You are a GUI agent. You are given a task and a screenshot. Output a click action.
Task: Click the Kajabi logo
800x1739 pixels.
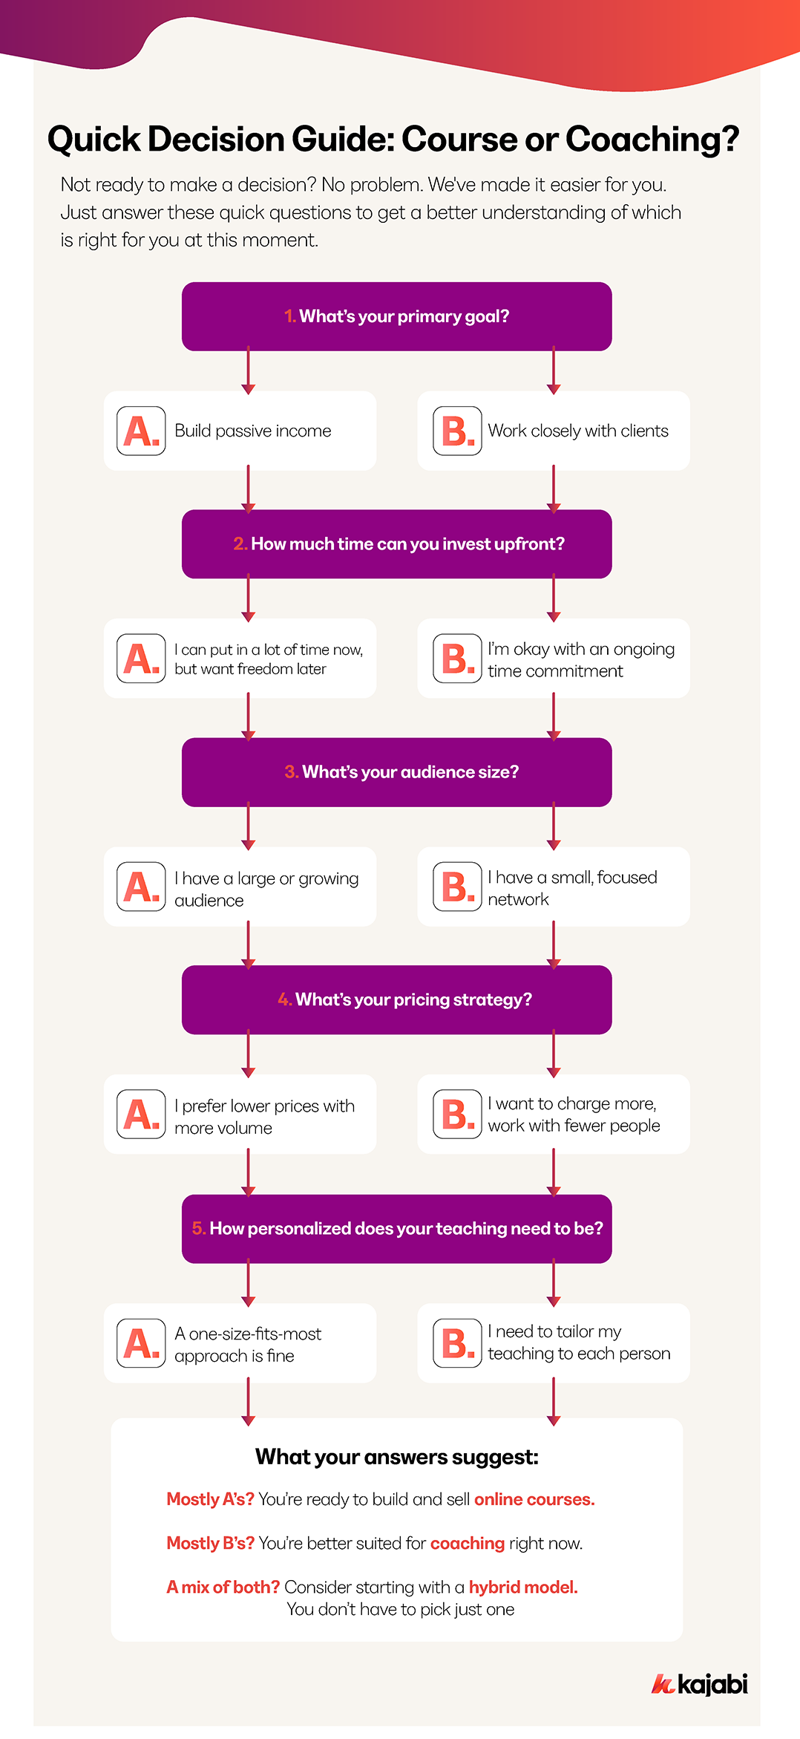(x=699, y=1684)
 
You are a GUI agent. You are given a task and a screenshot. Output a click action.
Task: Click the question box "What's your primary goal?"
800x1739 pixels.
(x=396, y=316)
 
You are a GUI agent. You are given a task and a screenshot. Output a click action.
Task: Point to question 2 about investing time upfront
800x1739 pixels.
(x=396, y=544)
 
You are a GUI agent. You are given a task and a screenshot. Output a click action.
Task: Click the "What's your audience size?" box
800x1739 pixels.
(x=396, y=772)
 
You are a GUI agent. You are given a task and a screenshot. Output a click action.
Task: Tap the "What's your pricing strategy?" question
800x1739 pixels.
(x=396, y=1000)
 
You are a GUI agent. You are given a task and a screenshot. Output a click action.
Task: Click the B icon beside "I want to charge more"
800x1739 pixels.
(x=457, y=1115)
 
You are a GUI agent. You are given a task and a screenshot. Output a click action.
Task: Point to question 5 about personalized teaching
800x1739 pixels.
(x=396, y=1229)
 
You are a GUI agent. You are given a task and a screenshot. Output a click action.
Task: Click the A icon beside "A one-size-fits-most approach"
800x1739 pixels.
(x=141, y=1343)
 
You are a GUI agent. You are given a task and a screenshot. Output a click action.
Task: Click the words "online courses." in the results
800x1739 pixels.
(x=534, y=1499)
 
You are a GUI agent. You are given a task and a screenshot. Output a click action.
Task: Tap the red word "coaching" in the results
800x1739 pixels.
(x=467, y=1543)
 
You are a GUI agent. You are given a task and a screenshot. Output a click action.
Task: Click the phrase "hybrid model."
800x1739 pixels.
(x=522, y=1587)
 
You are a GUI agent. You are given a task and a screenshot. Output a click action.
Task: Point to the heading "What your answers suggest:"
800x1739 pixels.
(x=396, y=1457)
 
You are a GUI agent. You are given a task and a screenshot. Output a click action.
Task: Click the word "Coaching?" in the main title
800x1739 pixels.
(x=652, y=139)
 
